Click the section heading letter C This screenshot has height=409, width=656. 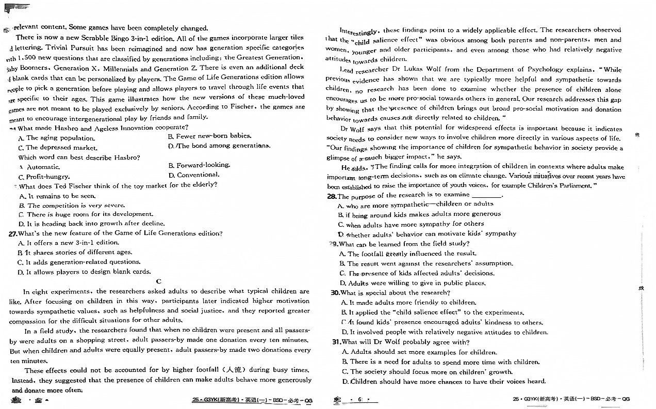click(159, 281)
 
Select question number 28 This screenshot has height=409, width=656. click(332, 196)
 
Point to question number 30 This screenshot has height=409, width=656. click(335, 293)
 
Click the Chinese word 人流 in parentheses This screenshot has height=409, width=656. click(230, 370)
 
